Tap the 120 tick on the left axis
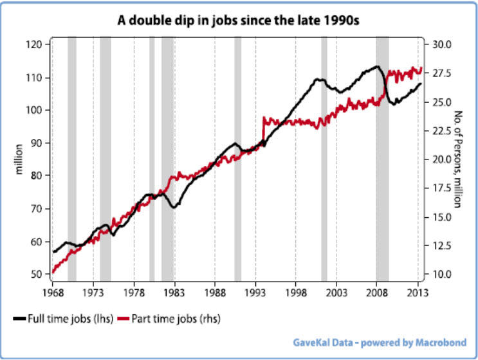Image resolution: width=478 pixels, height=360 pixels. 34,44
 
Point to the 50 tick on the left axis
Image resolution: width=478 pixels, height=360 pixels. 36,274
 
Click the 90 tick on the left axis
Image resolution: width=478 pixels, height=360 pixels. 36,143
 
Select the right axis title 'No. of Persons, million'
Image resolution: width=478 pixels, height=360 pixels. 459,159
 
